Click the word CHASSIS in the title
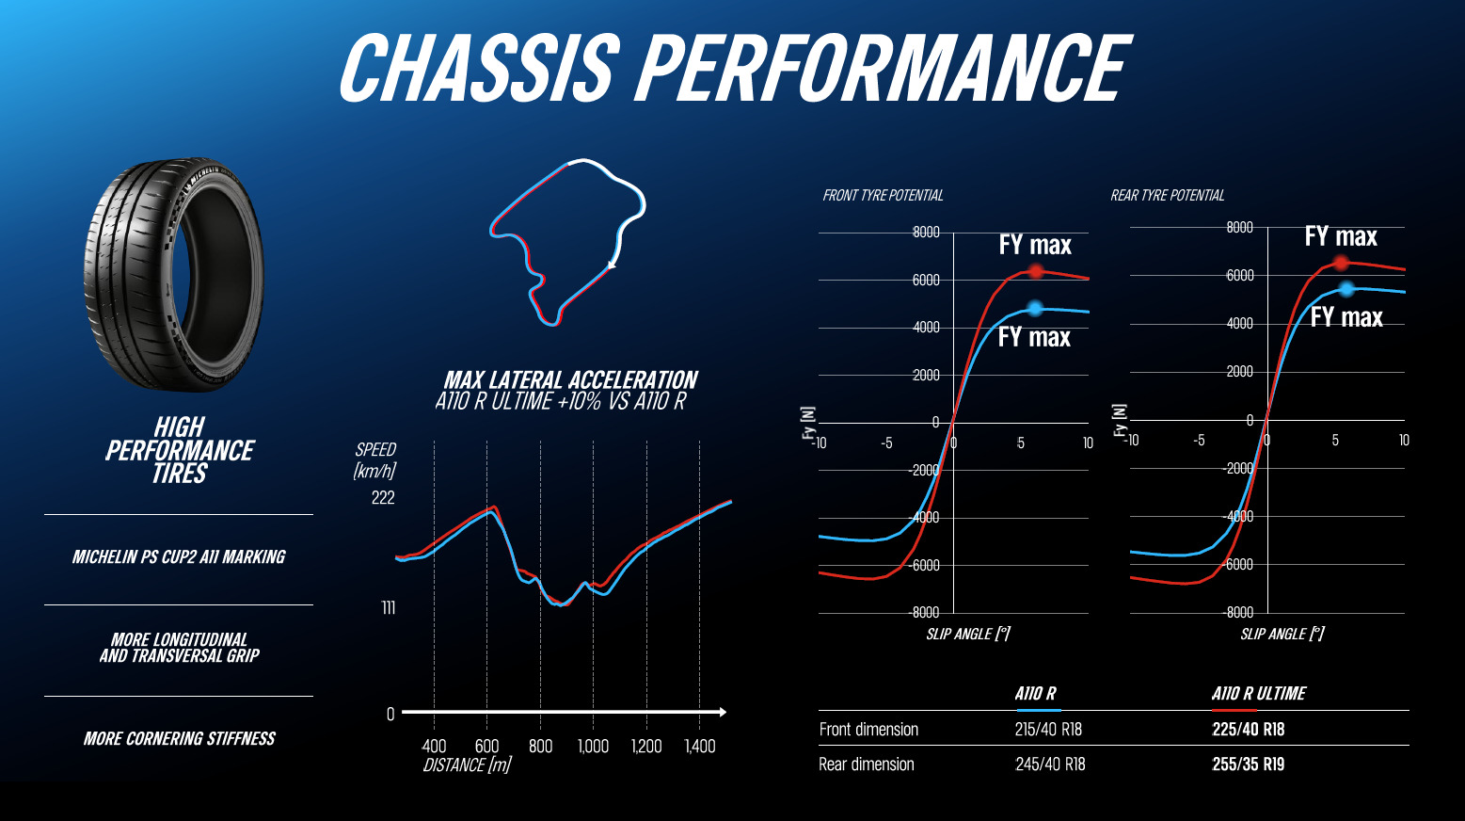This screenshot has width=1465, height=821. [475, 68]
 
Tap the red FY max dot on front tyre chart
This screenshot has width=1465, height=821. [1036, 271]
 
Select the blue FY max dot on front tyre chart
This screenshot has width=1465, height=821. [1035, 308]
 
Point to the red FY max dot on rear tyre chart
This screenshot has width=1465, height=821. [1341, 263]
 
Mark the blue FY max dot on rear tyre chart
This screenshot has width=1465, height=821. [1346, 289]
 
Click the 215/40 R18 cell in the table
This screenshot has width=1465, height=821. [1048, 729]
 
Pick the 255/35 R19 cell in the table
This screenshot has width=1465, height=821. [1248, 765]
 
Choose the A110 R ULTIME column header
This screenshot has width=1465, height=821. [1258, 694]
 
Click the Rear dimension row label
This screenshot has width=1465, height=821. [866, 765]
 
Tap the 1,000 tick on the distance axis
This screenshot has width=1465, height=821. [593, 747]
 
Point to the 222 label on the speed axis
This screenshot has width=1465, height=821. [383, 498]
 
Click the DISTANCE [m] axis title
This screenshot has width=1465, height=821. [467, 765]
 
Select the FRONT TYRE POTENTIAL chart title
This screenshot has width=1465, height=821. [883, 196]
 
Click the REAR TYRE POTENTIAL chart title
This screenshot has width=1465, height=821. [1167, 196]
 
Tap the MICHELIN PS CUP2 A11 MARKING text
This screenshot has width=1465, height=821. [179, 557]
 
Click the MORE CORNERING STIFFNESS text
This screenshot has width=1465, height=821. [179, 739]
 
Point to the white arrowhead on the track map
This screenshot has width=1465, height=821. [613, 265]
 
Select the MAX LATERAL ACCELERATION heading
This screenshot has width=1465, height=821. [570, 380]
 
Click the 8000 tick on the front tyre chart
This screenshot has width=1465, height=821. [926, 233]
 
